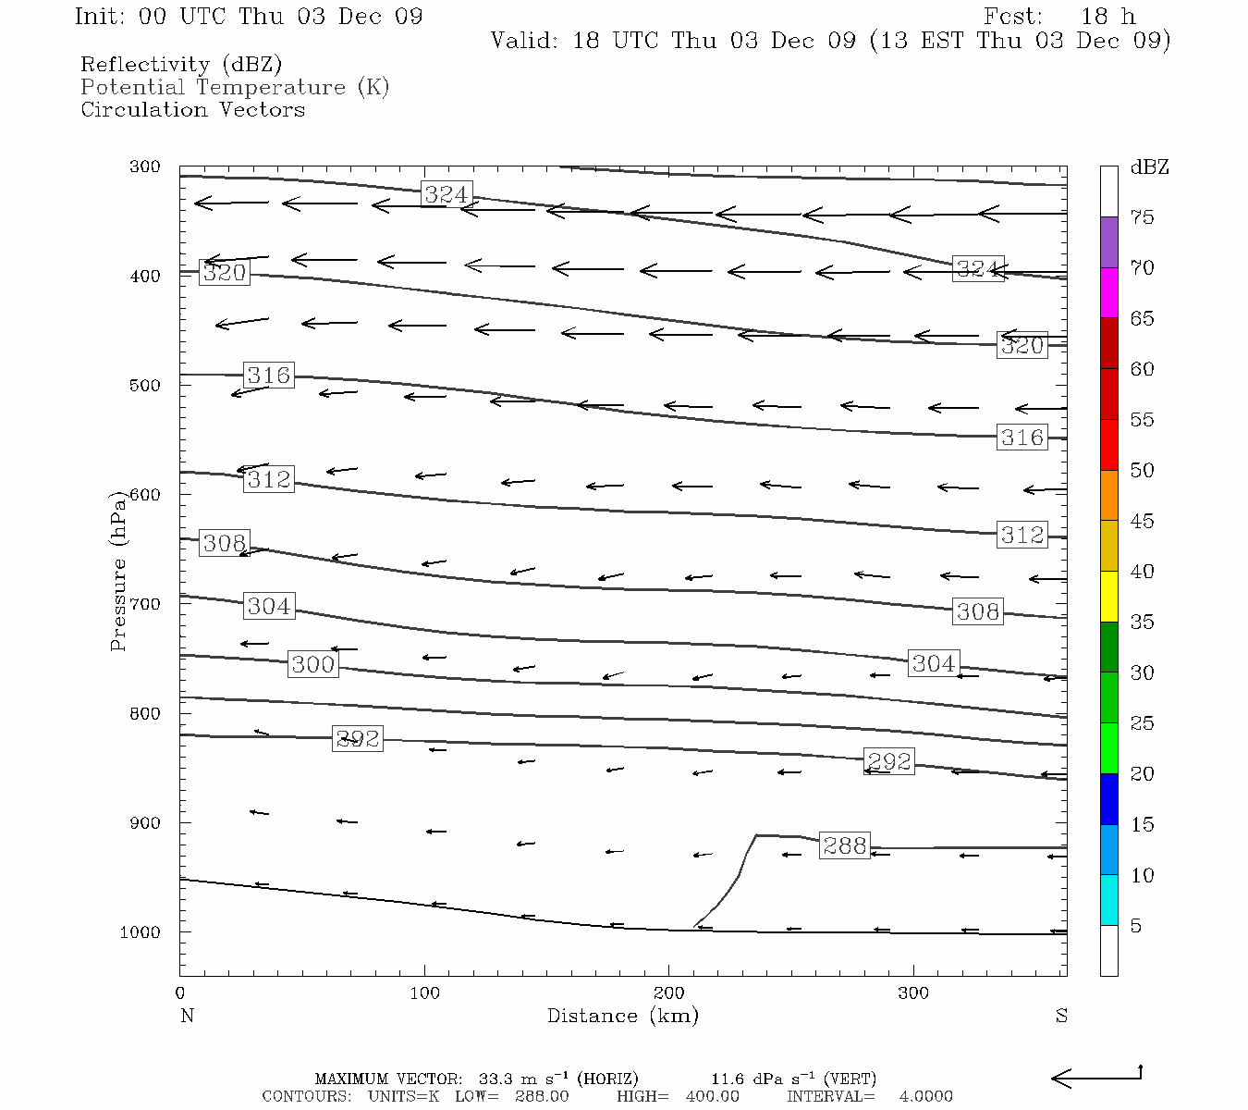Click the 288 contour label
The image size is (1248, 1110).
(x=845, y=845)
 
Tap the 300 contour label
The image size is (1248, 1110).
(x=312, y=664)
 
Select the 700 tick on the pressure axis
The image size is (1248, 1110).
(x=145, y=604)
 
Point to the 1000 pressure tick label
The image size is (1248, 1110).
(x=141, y=932)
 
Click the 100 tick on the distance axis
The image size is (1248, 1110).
(x=424, y=993)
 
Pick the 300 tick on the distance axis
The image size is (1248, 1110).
(x=913, y=993)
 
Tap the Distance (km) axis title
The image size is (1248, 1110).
(x=622, y=1016)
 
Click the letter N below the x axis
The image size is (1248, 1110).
(x=187, y=1016)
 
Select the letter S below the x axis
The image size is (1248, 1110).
(x=1061, y=1016)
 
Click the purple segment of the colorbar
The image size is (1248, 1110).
(x=1108, y=242)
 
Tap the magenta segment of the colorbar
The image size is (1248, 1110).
(x=1108, y=292)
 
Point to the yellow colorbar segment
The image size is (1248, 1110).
(x=1108, y=597)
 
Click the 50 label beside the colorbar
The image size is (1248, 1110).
(x=1142, y=471)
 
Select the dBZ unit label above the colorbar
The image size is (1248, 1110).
(x=1149, y=167)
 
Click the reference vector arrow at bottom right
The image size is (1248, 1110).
(x=1096, y=1077)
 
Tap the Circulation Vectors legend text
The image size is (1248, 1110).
(x=192, y=110)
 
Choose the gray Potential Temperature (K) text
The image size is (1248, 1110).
(x=235, y=88)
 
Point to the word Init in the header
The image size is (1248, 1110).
(x=98, y=17)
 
